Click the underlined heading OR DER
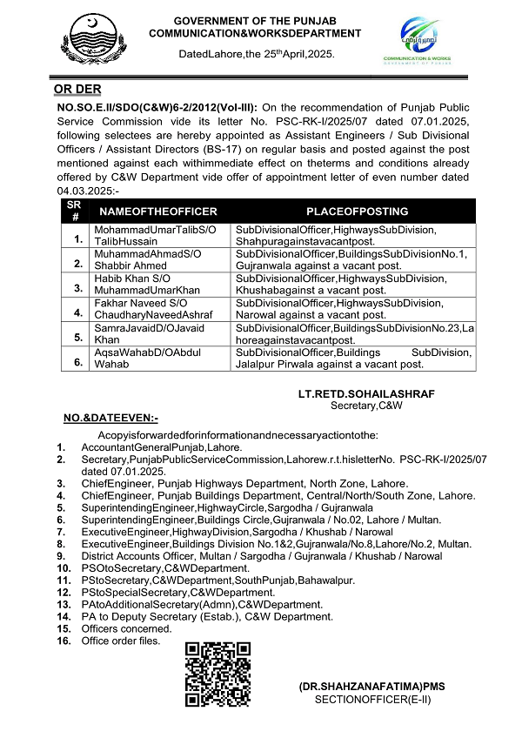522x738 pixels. (x=77, y=89)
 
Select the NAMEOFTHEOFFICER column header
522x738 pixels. (x=158, y=211)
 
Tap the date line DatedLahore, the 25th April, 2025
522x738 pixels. (x=256, y=54)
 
